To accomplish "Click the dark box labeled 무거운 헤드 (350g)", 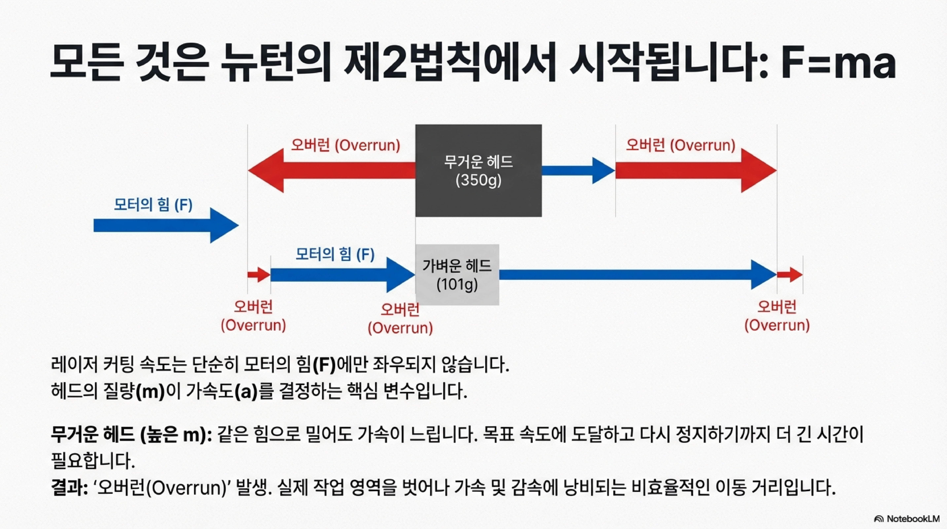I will (478, 199).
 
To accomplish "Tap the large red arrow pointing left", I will (331, 170).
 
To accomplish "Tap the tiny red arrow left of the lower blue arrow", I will (259, 274).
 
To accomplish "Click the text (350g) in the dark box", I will (478, 180).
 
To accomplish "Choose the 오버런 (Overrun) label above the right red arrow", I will (680, 145).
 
